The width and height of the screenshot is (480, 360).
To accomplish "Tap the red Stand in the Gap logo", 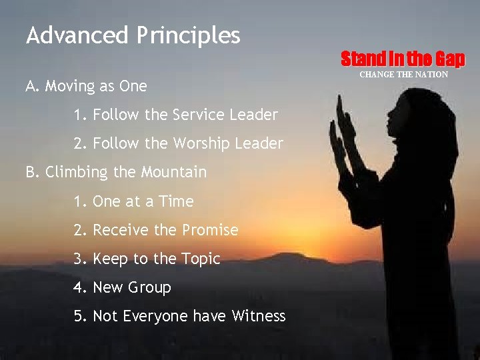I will point(403,59).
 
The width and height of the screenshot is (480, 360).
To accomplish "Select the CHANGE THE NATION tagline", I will point(404,75).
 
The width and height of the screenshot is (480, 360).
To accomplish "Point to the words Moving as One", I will point(96,86).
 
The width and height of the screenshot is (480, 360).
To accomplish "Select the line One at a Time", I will point(143,201).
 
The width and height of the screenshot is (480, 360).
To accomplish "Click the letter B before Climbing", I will point(31,173).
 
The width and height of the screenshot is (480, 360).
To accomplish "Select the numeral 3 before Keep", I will point(79,259).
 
